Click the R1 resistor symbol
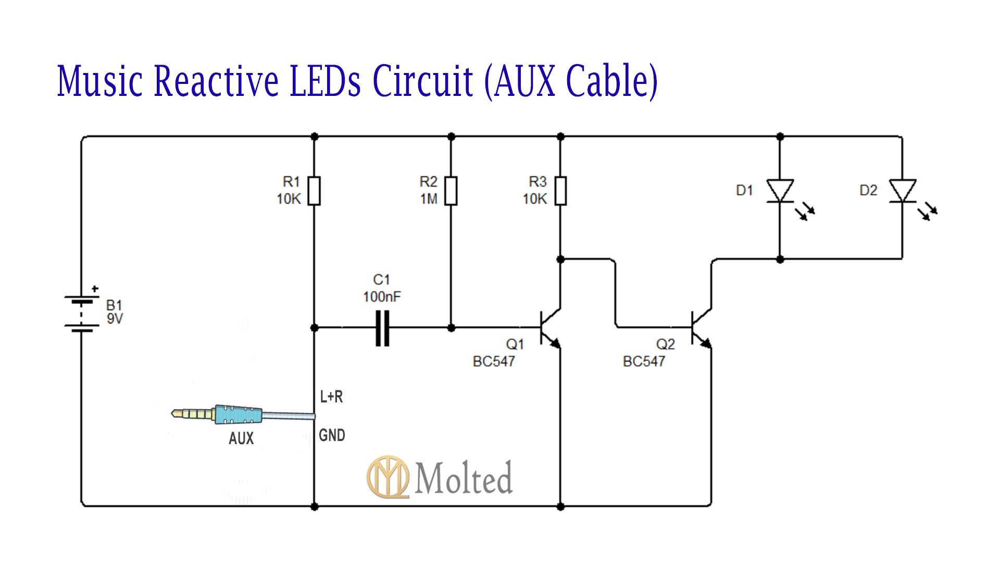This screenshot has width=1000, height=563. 314,191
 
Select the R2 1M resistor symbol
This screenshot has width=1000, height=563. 451,191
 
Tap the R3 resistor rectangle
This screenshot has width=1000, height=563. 560,191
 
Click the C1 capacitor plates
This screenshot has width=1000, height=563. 382,328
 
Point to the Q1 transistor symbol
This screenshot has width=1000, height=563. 549,328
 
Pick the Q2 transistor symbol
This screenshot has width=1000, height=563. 701,328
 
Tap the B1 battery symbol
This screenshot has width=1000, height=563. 82,313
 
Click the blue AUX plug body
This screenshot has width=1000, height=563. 238,414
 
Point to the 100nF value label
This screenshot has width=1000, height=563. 382,297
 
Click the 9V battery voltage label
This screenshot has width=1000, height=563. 115,319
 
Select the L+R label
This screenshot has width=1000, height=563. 331,397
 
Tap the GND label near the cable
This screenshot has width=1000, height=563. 332,435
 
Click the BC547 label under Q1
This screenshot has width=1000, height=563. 494,361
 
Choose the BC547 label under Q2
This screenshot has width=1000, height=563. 644,361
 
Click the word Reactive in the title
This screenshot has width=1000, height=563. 216,81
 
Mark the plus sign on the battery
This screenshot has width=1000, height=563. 95,288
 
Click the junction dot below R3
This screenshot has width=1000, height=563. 560,259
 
